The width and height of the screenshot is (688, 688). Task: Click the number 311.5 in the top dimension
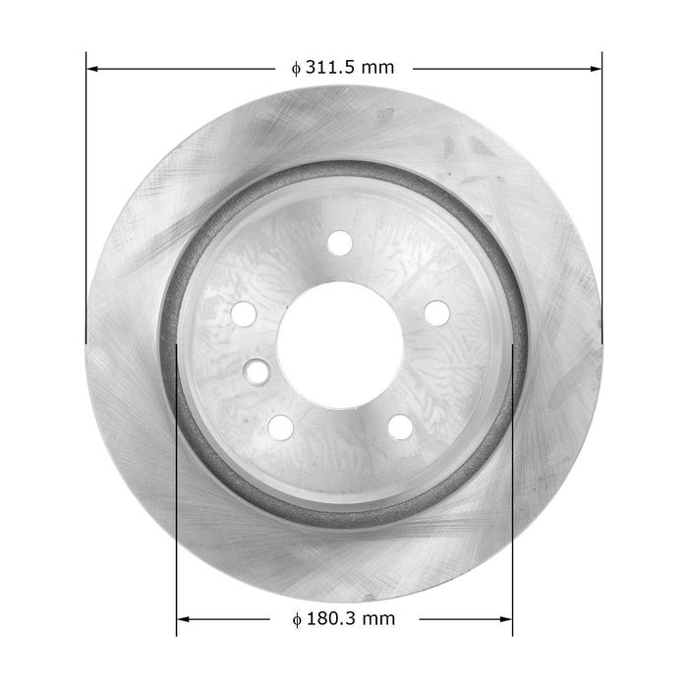[x=331, y=68]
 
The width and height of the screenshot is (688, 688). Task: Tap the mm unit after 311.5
[x=378, y=69]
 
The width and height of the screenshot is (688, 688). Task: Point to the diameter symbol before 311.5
[x=296, y=69]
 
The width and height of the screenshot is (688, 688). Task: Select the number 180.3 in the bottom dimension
[x=332, y=618]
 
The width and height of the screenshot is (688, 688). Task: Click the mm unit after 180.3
[x=379, y=620]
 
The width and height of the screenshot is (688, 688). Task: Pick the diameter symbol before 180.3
[x=297, y=619]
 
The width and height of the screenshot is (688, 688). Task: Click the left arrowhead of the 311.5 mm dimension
[x=92, y=69]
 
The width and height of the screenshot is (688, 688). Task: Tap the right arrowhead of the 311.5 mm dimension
[x=596, y=69]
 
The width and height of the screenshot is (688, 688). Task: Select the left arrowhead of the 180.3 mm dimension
[x=183, y=619]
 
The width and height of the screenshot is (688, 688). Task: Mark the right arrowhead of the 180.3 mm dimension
[x=506, y=619]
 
